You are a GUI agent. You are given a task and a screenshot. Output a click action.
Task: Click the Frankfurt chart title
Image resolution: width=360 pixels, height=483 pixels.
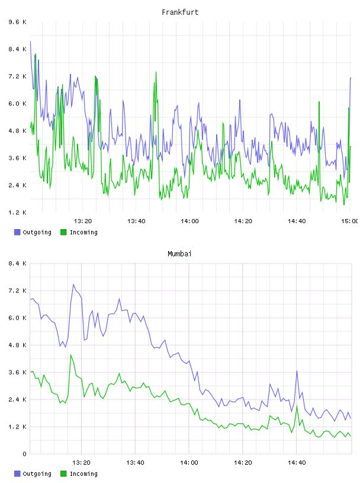[180, 12]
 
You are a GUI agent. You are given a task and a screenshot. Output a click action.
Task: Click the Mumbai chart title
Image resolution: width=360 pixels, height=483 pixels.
[179, 254]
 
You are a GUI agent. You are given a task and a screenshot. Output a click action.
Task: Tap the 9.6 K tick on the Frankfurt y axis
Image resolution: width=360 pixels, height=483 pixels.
[18, 22]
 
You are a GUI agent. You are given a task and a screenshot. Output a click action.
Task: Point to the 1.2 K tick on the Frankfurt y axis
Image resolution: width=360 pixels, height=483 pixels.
[18, 212]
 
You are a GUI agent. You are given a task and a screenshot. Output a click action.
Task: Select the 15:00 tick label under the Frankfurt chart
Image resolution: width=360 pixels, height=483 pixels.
[349, 221]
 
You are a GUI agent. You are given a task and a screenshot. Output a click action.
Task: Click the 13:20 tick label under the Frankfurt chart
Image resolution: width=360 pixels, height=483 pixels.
[83, 221]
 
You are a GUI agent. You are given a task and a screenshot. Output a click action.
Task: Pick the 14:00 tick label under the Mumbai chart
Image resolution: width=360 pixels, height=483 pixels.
[189, 463]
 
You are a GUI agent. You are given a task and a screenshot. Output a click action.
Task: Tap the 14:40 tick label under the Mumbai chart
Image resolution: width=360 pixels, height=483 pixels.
[297, 463]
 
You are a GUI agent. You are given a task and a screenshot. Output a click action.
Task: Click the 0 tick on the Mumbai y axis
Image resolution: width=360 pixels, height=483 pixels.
[24, 454]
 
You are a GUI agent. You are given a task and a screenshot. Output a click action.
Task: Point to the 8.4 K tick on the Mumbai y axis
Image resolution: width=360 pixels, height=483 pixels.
[18, 263]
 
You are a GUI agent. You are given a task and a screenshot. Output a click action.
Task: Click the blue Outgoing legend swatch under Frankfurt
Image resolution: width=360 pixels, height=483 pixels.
[17, 232]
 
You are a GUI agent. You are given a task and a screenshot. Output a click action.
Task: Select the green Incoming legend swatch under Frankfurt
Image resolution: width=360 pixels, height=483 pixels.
[63, 232]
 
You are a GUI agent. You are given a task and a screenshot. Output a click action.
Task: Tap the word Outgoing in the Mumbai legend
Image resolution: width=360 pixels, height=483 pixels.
[37, 474]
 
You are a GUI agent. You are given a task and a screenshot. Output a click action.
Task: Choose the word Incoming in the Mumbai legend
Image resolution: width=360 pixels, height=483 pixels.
[83, 474]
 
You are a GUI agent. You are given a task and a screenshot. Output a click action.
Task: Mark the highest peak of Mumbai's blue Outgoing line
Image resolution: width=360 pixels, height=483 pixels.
[73, 284]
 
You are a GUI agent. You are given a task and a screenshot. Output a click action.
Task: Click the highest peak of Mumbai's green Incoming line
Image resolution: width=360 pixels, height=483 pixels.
[71, 355]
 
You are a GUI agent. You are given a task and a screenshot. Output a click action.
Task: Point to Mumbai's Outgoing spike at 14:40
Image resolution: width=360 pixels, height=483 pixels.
[297, 371]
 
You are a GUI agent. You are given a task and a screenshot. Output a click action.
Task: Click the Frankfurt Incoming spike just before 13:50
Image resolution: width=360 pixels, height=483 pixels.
[156, 72]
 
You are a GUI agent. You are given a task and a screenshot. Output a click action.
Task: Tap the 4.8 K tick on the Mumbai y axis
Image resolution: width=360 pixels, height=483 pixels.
[18, 345]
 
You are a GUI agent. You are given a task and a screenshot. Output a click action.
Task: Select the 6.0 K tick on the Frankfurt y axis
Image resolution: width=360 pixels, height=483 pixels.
[18, 104]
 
